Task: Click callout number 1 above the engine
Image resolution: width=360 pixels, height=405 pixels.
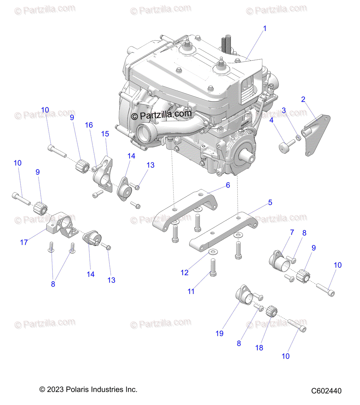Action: (265, 29)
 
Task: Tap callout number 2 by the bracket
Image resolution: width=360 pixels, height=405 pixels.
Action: (303, 99)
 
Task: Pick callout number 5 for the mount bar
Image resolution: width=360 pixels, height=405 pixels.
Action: (270, 202)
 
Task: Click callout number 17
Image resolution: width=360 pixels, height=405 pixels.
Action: (24, 242)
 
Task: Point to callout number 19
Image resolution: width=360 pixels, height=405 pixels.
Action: (220, 333)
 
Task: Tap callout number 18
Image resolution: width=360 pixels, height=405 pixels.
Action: (259, 348)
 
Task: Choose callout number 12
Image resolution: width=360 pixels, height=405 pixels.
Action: (184, 273)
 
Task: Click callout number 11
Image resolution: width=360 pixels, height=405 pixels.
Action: (191, 291)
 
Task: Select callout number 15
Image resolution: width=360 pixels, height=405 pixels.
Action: (105, 134)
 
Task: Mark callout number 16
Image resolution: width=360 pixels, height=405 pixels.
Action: (88, 125)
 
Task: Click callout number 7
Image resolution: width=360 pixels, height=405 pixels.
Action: (292, 232)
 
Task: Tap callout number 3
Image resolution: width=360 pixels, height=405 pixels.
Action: (284, 110)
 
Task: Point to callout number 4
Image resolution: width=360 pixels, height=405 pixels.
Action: (271, 120)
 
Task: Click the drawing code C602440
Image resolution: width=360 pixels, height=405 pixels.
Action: (326, 391)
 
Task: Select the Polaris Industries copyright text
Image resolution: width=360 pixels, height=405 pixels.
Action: (88, 389)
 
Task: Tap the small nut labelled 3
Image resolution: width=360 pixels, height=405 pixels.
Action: (298, 137)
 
